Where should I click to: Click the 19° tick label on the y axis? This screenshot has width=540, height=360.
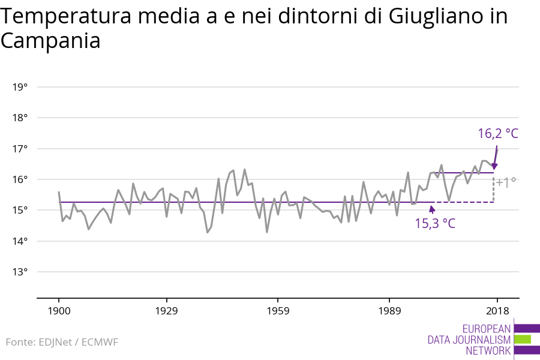tap(20, 87)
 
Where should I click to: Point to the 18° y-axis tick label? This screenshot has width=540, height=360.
tap(20, 118)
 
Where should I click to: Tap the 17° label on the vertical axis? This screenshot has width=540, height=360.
tap(20, 149)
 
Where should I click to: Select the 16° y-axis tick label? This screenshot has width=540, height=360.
tap(20, 179)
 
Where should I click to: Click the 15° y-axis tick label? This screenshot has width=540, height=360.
tap(20, 210)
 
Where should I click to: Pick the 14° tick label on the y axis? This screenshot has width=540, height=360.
tap(20, 241)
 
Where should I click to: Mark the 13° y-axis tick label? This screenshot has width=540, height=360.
tap(20, 272)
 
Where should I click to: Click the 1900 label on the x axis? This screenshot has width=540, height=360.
tap(59, 311)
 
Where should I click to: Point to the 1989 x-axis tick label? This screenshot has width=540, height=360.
tap(389, 311)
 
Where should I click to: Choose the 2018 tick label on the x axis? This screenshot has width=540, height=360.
tap(497, 311)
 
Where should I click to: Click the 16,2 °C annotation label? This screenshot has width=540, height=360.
tap(497, 133)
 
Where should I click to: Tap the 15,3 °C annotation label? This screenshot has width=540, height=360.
tap(435, 224)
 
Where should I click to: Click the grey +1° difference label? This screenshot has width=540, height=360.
tap(506, 182)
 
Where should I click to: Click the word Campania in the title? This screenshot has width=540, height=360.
tap(50, 41)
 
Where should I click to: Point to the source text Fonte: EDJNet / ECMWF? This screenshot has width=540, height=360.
tap(62, 342)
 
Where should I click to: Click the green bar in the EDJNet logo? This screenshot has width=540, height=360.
tap(523, 339)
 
